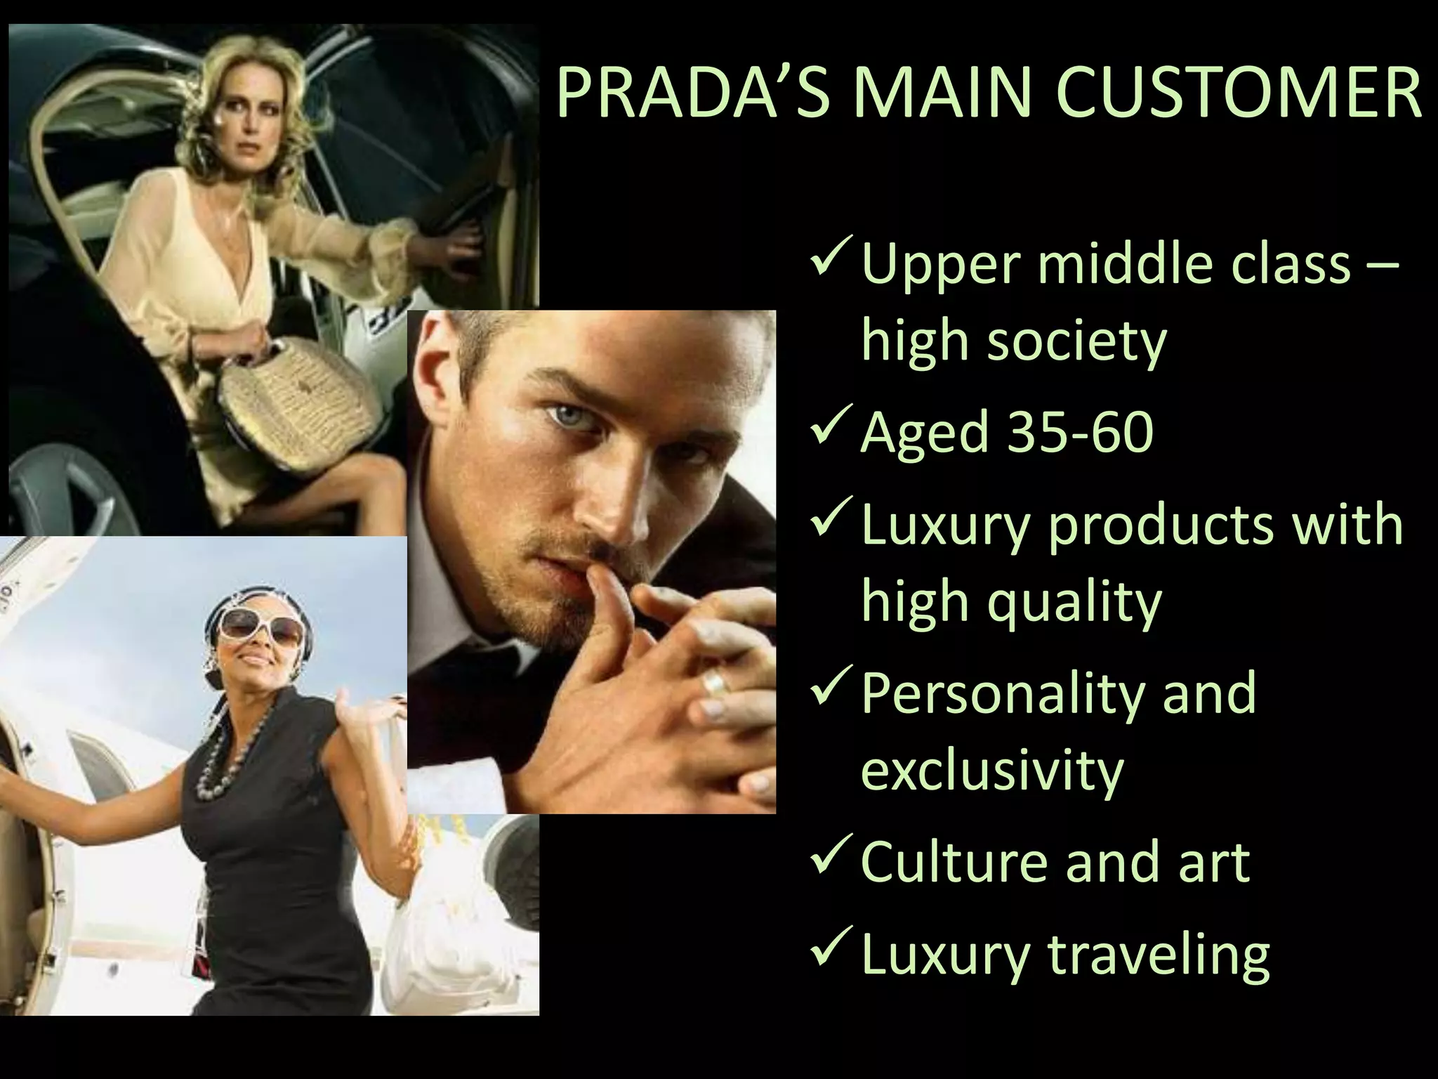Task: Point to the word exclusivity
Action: (x=992, y=771)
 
